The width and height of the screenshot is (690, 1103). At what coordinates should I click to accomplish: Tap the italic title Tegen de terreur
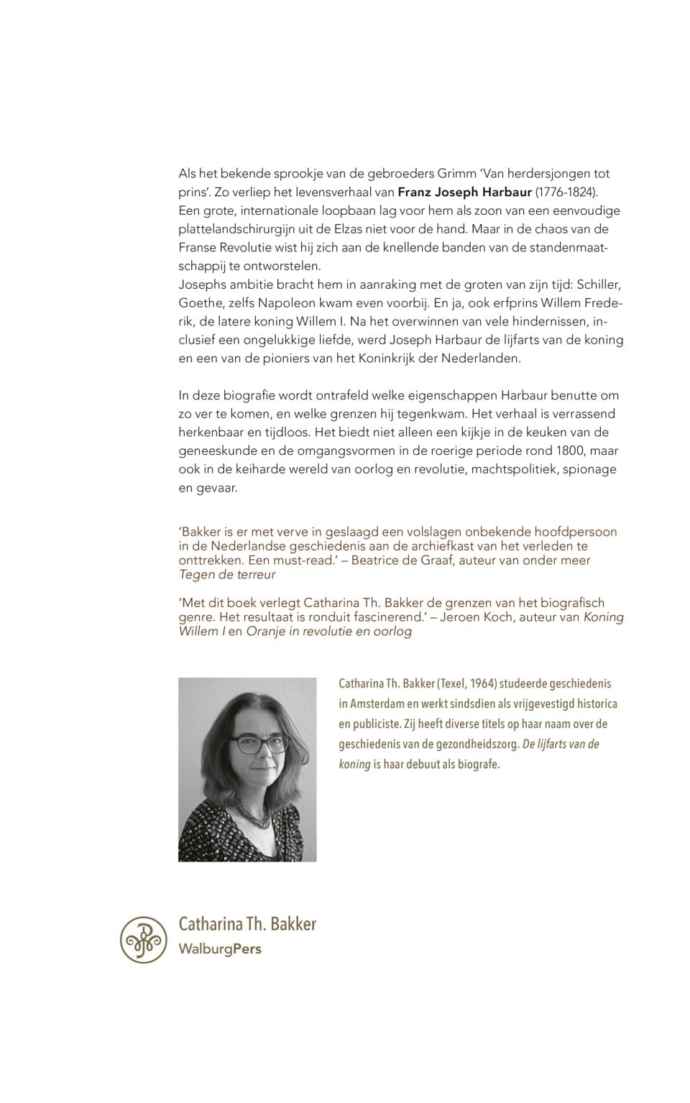tap(227, 575)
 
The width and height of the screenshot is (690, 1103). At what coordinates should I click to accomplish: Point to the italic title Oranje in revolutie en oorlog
tap(329, 632)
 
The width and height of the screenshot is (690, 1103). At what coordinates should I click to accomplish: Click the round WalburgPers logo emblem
tap(144, 939)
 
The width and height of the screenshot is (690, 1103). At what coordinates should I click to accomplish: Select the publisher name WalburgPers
tap(220, 949)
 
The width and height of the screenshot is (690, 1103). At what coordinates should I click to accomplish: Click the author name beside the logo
tap(247, 924)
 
